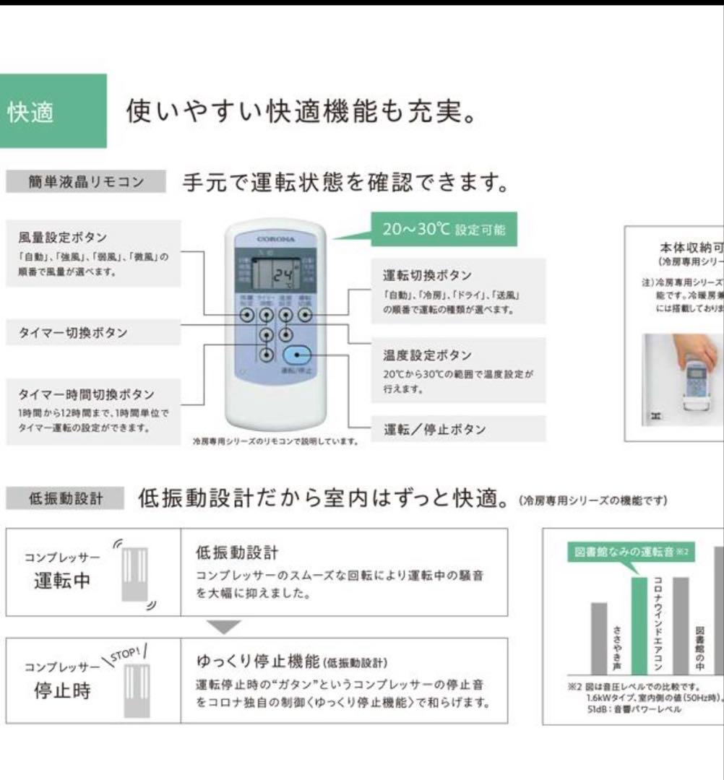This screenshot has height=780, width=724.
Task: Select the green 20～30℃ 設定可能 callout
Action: (x=444, y=230)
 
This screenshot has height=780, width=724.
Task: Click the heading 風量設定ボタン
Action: (x=63, y=238)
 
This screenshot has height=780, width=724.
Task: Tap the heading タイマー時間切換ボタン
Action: (x=86, y=394)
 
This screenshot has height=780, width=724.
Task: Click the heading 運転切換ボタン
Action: (x=427, y=276)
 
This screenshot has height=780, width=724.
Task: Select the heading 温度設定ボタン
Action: (x=427, y=355)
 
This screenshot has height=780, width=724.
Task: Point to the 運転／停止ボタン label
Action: (x=434, y=430)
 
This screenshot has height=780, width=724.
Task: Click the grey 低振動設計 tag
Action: (x=66, y=499)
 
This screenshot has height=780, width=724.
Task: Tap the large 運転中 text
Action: (x=63, y=580)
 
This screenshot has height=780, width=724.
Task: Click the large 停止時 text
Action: (x=63, y=690)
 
